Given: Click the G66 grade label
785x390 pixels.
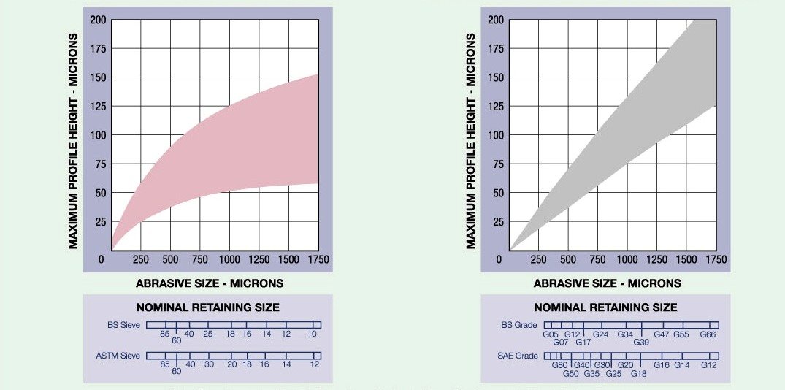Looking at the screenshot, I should (x=708, y=334).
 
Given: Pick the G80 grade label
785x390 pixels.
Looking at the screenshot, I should (x=560, y=364).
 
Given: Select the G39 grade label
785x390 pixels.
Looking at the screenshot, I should (x=641, y=342).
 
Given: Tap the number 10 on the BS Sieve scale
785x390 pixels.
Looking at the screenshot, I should (x=313, y=334).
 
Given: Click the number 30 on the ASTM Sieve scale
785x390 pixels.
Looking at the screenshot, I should (x=210, y=364).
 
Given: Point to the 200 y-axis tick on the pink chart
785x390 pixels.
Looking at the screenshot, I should (x=98, y=20).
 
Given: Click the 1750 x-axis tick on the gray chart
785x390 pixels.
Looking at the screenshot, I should (x=716, y=260).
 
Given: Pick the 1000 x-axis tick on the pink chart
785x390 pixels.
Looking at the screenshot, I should (x=229, y=260).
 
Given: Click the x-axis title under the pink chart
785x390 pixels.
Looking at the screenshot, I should (x=210, y=283).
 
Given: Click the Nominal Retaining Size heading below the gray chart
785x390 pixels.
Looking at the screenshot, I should (x=605, y=307).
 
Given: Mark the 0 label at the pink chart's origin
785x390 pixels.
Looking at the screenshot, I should (x=102, y=259).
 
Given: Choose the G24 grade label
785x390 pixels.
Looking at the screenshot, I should (x=601, y=334).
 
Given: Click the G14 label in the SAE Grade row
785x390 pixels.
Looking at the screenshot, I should (x=681, y=364).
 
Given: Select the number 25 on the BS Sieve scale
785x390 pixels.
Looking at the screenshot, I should (x=208, y=334).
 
